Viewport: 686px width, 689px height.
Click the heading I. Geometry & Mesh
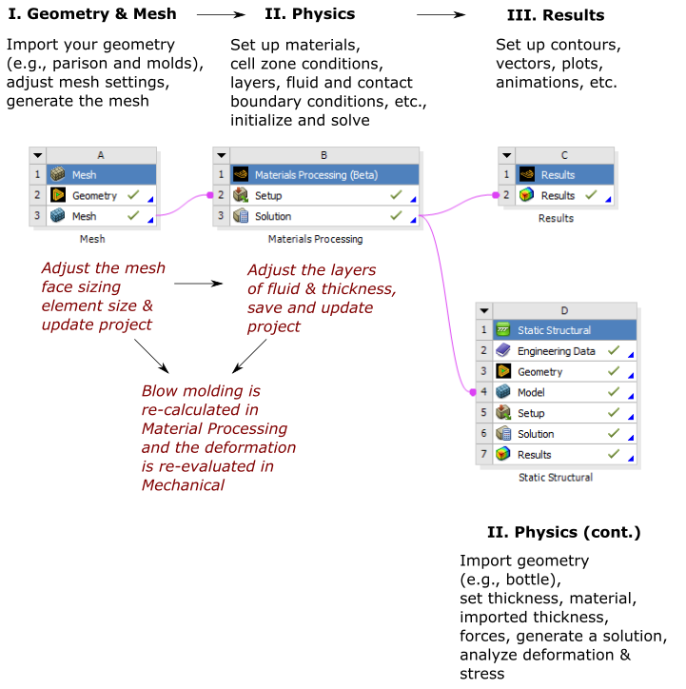(91, 15)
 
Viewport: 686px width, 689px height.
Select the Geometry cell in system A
(94, 196)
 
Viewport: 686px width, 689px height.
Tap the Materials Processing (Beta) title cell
(315, 175)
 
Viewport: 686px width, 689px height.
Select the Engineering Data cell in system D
(556, 351)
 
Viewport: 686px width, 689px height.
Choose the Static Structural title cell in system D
(554, 330)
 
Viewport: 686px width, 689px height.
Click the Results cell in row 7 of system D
(534, 455)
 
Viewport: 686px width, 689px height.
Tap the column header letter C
(564, 155)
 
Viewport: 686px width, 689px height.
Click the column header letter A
(101, 155)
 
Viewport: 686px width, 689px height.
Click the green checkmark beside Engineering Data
(614, 351)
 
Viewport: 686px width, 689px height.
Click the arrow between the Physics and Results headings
(447, 15)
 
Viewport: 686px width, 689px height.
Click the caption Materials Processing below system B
(315, 239)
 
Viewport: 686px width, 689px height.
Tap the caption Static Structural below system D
(556, 477)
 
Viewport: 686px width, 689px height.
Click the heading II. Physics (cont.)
(563, 531)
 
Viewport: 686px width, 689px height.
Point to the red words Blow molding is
(201, 390)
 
